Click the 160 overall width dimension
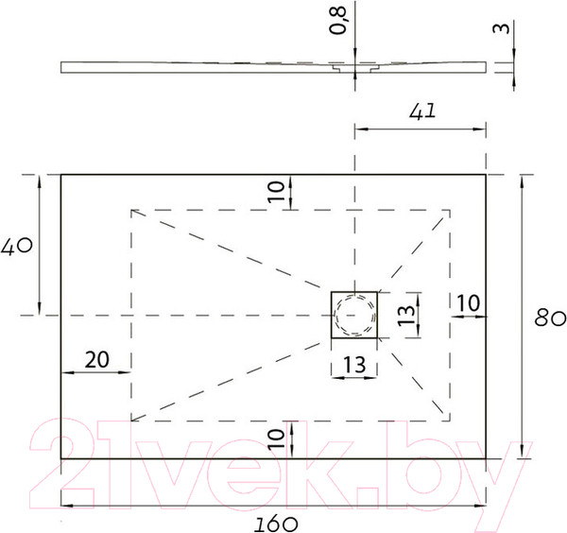pyautogui.click(x=275, y=521)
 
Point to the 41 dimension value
pyautogui.click(x=422, y=111)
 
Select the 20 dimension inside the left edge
pyautogui.click(x=95, y=358)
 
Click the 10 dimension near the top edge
pyautogui.click(x=275, y=192)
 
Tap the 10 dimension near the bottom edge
pyautogui.click(x=275, y=438)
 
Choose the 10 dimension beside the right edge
pyautogui.click(x=468, y=302)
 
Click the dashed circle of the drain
pyautogui.click(x=354, y=315)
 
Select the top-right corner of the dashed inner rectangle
pyautogui.click(x=449, y=209)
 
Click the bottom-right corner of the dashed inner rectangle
pyautogui.click(x=449, y=421)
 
